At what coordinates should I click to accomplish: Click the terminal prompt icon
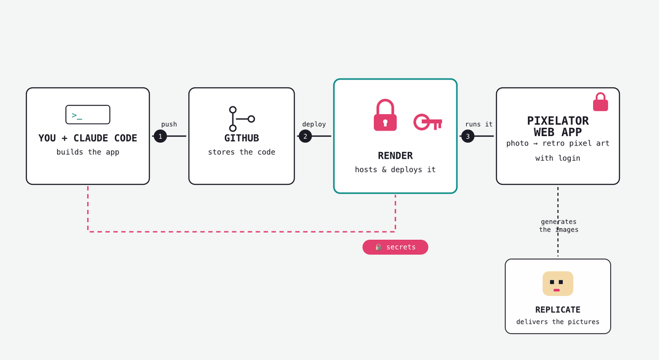88,115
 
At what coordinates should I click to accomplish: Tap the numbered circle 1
160,136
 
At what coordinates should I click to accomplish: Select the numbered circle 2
305,136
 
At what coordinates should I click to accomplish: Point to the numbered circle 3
468,136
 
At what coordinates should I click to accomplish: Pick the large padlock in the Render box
385,115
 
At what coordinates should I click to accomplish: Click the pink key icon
428,122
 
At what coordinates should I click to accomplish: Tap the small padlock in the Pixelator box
600,102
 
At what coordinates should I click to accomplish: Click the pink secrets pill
395,247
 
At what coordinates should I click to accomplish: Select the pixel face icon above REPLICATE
558,283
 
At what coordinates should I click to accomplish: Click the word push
169,125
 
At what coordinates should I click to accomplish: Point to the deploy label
314,125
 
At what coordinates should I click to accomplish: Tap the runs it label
479,125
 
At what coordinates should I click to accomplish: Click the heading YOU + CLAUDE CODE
88,138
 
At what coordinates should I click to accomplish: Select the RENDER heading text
395,156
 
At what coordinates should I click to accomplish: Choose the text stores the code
242,152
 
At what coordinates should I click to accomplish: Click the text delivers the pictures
558,322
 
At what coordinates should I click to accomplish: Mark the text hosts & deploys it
395,170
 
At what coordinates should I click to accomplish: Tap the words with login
558,158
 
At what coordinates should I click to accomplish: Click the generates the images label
559,226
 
